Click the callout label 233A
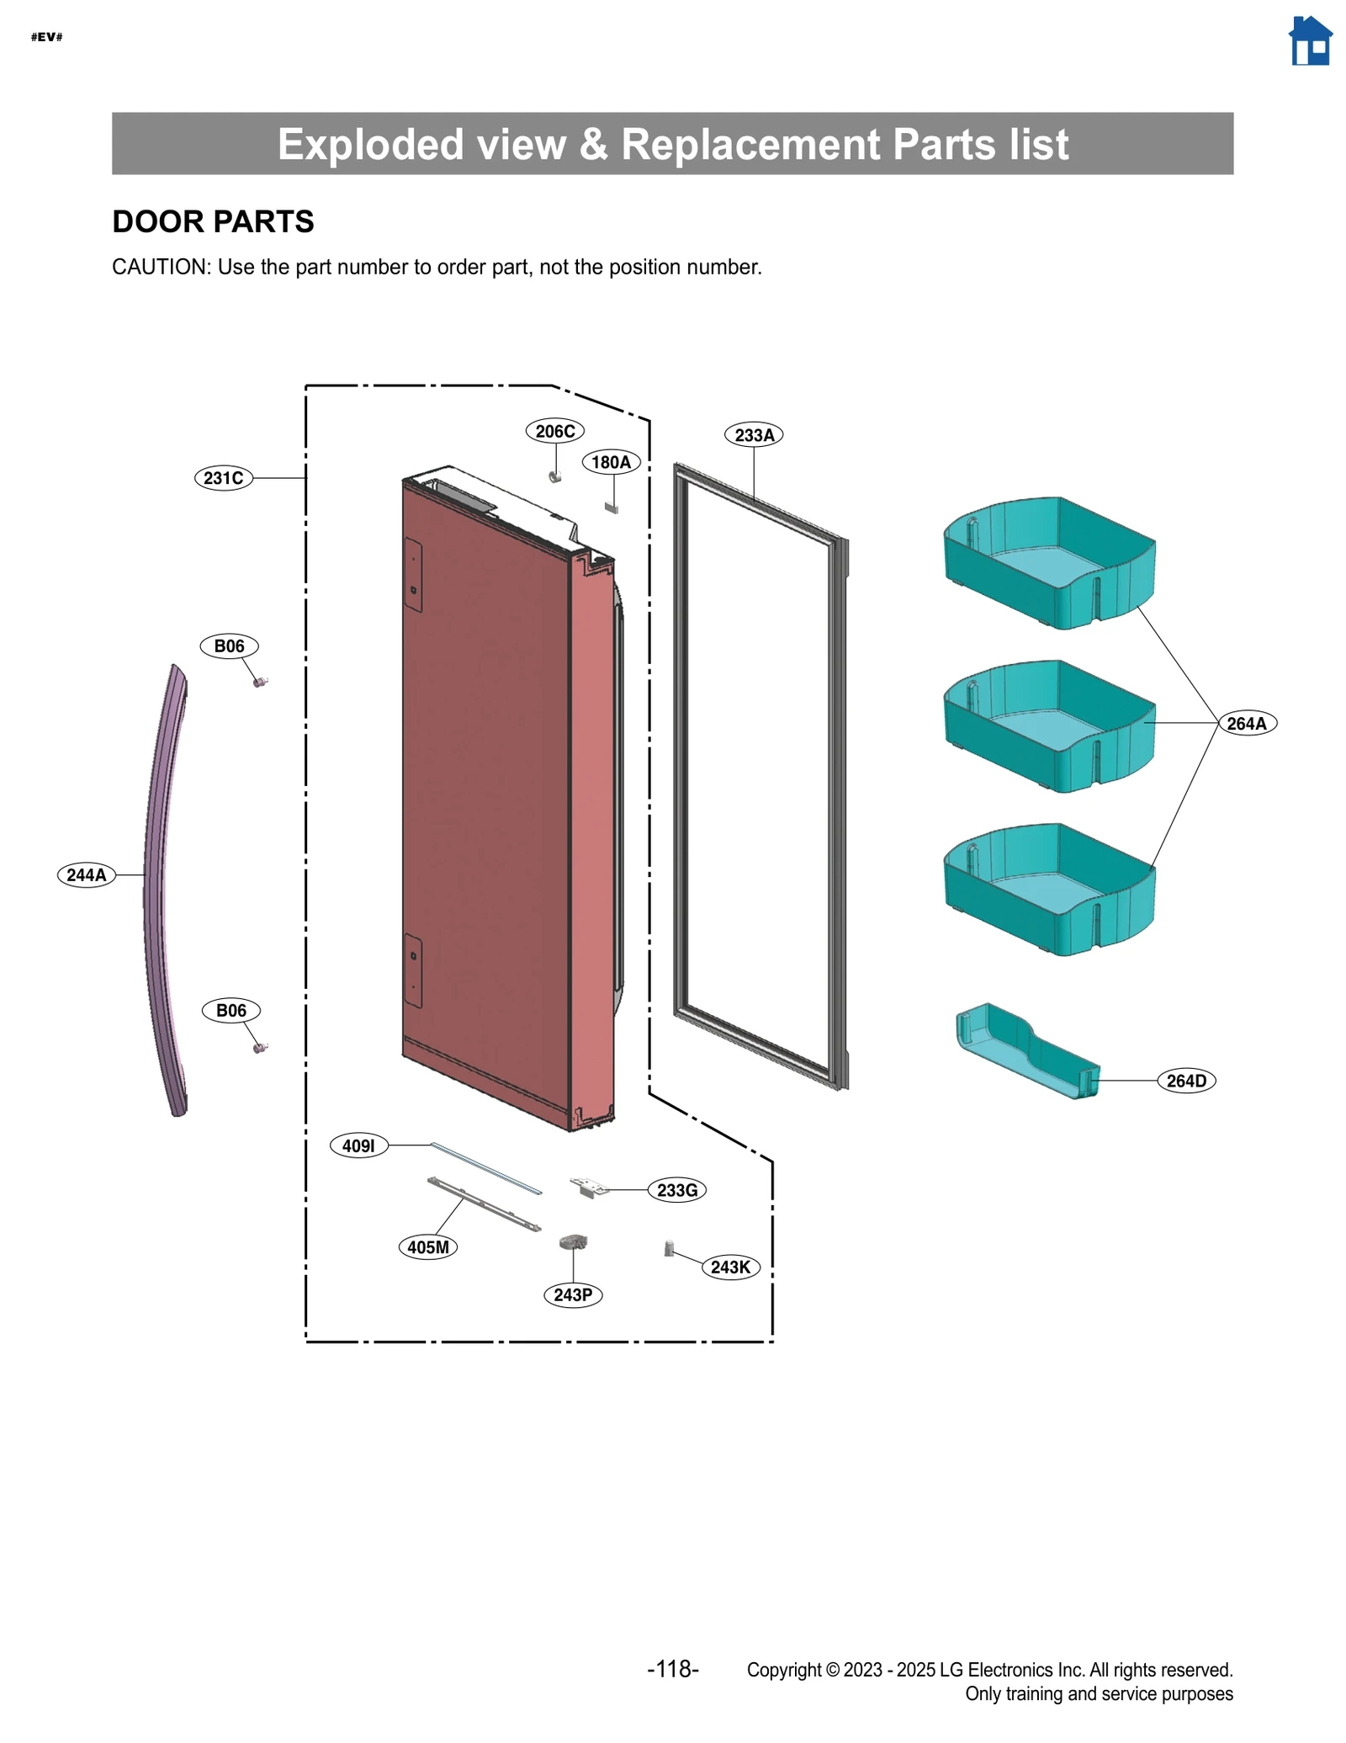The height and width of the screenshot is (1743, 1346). [x=754, y=435]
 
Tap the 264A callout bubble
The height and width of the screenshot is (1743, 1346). [x=1247, y=724]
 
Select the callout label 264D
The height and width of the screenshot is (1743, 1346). [x=1186, y=1081]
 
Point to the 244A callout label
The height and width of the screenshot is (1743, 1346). [x=87, y=875]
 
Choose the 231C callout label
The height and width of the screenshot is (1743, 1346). [x=224, y=478]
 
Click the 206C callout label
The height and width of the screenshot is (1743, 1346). [x=555, y=432]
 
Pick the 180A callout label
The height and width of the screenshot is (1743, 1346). [x=611, y=462]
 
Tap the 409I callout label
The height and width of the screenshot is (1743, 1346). [x=358, y=1145]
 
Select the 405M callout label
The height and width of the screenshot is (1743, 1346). [x=428, y=1247]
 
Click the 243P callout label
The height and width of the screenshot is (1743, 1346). [x=573, y=1294]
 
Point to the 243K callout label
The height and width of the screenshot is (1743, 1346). [x=730, y=1267]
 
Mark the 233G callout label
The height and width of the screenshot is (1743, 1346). [x=677, y=1190]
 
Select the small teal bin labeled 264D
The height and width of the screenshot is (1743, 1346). [x=1026, y=1052]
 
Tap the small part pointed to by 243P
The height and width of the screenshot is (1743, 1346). [x=573, y=1241]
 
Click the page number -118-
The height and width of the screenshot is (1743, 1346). [x=672, y=1669]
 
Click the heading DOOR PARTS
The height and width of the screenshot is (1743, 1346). [x=213, y=221]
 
